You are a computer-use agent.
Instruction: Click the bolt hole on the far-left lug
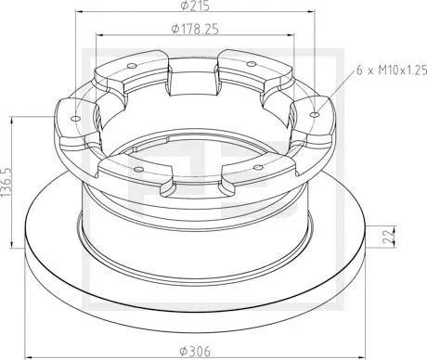(x=74, y=118)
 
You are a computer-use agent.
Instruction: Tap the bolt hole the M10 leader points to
(x=316, y=116)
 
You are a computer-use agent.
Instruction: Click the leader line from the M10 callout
(x=334, y=94)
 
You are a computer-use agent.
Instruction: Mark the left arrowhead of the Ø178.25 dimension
(x=98, y=40)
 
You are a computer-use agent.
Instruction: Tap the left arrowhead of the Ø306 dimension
(x=26, y=341)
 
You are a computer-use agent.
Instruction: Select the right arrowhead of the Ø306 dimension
(x=363, y=341)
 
